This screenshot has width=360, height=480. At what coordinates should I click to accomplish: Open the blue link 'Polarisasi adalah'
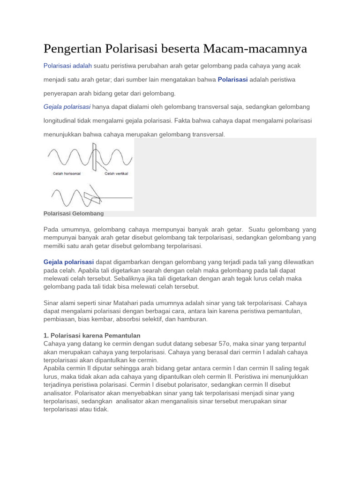coord(67,66)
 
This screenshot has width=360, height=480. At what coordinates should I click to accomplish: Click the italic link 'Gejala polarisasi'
coord(67,107)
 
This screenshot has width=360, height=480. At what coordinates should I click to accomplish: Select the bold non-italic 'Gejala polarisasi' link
coord(69,262)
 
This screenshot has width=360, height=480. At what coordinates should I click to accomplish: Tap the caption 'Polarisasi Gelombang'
coord(74,213)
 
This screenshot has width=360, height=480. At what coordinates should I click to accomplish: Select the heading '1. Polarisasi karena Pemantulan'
coord(92,335)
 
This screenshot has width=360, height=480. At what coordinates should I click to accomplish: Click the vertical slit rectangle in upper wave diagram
coord(95,157)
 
